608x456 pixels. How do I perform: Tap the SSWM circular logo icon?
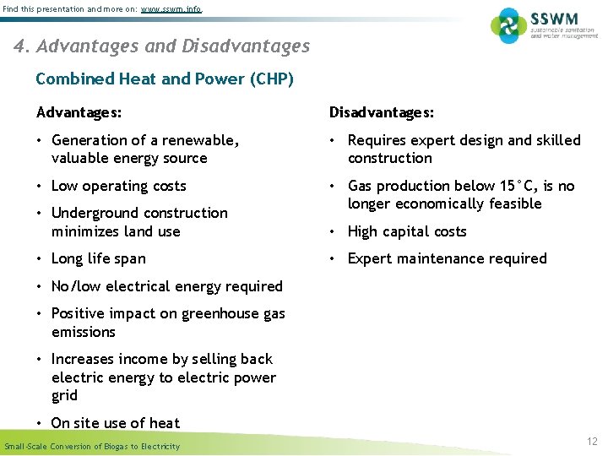[508, 25]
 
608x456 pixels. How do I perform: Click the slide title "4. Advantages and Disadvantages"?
[162, 46]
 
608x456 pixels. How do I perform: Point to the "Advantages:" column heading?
[79, 112]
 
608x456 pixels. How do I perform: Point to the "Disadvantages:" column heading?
[382, 112]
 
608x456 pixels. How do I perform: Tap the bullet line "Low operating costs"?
[118, 186]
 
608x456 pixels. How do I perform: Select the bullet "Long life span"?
[98, 258]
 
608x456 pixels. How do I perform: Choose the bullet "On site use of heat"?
[115, 423]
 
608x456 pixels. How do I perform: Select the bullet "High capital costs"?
[407, 231]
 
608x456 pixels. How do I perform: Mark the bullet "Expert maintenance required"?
[447, 258]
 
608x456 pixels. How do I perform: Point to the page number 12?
[591, 441]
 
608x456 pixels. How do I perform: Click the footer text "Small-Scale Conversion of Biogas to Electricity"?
[92, 446]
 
